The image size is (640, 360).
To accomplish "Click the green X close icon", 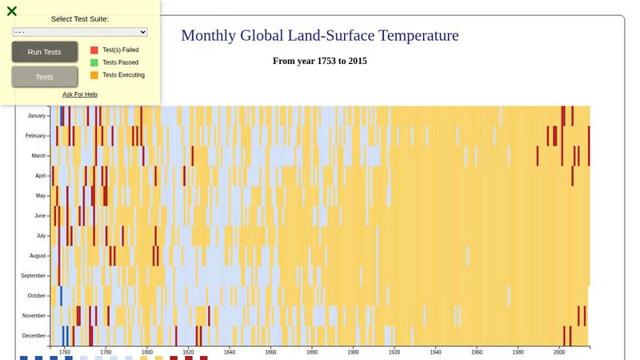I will (x=12, y=11).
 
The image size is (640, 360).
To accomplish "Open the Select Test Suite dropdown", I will (x=80, y=32).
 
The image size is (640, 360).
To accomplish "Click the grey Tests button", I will (x=45, y=77).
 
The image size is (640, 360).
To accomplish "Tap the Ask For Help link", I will (x=80, y=94).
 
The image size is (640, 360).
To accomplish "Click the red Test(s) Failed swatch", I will (x=94, y=50).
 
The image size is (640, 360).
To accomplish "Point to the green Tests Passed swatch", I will (x=94, y=62).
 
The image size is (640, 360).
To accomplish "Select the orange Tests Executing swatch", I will (x=94, y=75).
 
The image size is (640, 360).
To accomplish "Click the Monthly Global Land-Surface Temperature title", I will (x=320, y=36).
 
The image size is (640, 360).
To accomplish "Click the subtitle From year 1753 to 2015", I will (x=320, y=61).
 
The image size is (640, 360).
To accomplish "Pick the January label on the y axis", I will (x=36, y=116).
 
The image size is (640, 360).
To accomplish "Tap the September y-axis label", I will (x=33, y=276).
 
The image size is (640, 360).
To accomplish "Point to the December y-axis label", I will (x=34, y=336).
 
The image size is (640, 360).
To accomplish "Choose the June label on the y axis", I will (x=39, y=216).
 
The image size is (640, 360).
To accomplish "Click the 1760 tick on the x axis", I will (x=65, y=352).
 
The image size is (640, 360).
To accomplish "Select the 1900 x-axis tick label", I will (x=354, y=352).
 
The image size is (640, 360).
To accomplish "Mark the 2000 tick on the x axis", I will (x=559, y=352).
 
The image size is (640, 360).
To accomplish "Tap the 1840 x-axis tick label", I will (x=230, y=352).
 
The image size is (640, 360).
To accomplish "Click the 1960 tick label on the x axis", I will (x=477, y=352).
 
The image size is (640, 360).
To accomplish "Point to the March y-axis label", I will (x=38, y=156).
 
